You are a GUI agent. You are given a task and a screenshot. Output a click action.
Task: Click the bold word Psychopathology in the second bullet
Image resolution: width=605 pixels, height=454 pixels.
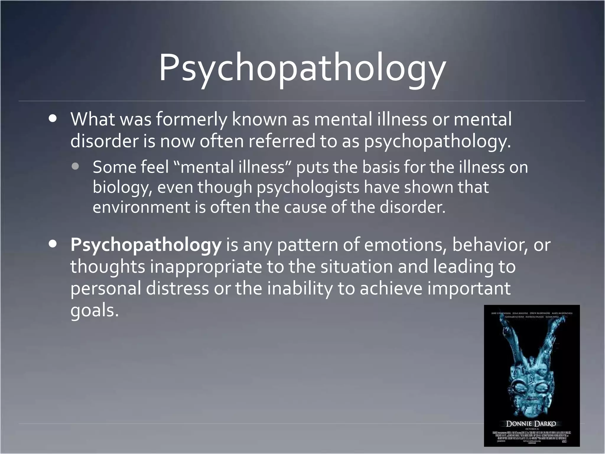(146, 245)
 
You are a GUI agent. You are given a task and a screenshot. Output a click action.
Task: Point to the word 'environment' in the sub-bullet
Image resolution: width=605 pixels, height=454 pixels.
(141, 207)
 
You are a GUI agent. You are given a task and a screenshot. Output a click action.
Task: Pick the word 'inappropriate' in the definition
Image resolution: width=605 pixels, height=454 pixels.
(206, 267)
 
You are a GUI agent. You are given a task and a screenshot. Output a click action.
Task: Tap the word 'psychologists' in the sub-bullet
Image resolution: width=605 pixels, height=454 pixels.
(308, 187)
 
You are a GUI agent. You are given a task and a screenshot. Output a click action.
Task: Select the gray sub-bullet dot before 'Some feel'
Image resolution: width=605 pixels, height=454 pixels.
(75, 166)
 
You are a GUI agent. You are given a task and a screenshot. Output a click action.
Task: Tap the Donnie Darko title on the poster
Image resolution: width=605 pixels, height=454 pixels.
(531, 424)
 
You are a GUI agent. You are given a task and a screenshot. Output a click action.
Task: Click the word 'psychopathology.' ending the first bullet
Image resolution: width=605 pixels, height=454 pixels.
(437, 141)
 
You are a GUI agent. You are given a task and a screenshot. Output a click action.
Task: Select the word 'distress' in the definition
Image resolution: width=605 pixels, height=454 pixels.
(177, 288)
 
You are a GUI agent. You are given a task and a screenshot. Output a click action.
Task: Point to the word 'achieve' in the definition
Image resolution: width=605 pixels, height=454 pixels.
(391, 288)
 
